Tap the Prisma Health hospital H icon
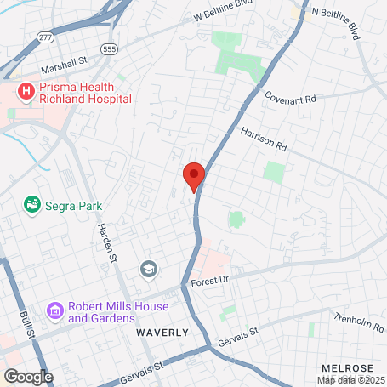coord(26,90)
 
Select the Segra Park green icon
coord(32,205)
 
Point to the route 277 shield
coord(44,39)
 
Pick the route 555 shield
coord(108,50)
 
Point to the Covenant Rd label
coord(290,98)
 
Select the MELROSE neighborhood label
coord(346,367)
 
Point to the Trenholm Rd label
coord(360,324)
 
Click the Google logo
coord(28,376)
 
